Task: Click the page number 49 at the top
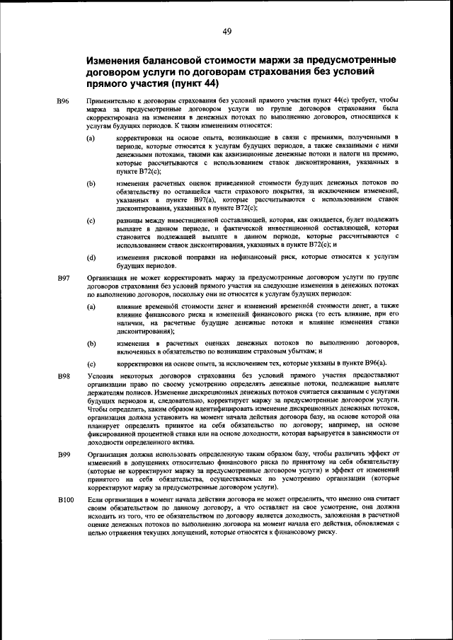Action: (226, 30)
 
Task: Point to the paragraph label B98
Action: (63, 374)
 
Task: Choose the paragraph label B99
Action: (63, 453)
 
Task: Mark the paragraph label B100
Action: (65, 500)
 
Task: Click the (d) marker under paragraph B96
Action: (91, 258)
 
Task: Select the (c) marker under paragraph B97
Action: (91, 362)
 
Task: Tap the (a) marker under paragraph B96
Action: (91, 137)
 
